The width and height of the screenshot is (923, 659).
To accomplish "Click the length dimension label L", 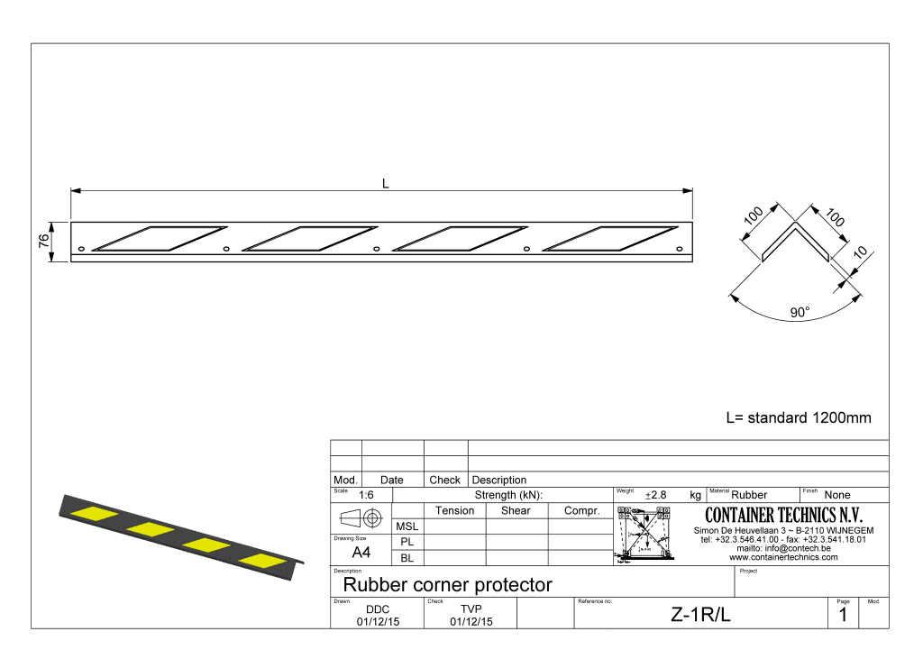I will pyautogui.click(x=385, y=183).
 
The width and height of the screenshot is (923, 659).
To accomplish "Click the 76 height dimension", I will pyautogui.click(x=43, y=242).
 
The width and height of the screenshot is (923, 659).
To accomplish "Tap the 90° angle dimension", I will pyautogui.click(x=800, y=312).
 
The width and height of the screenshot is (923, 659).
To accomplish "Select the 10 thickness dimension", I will pyautogui.click(x=860, y=253).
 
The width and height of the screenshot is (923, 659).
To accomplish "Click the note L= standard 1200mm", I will pyautogui.click(x=799, y=418).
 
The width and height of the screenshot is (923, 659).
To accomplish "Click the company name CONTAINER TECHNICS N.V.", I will pyautogui.click(x=783, y=516).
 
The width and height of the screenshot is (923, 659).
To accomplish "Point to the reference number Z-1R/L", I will pyautogui.click(x=700, y=615).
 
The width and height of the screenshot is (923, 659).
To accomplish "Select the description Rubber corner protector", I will pyautogui.click(x=447, y=584).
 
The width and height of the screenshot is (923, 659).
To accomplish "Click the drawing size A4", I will pyautogui.click(x=361, y=552).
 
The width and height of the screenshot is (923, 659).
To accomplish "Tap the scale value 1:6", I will pyautogui.click(x=367, y=495).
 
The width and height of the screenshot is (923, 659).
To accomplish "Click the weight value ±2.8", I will pyautogui.click(x=655, y=495).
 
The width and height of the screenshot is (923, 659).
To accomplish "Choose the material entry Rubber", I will pyautogui.click(x=749, y=495).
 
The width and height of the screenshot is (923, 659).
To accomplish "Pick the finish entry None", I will pyautogui.click(x=837, y=495).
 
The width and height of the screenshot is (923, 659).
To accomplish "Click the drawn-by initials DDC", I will pyautogui.click(x=378, y=609).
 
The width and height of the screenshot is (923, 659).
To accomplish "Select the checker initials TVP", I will pyautogui.click(x=471, y=609).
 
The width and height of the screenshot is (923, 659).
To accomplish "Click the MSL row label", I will pyautogui.click(x=407, y=526).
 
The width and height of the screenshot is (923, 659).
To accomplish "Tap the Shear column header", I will pyautogui.click(x=516, y=510).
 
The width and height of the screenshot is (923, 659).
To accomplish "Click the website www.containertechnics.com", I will pyautogui.click(x=783, y=557).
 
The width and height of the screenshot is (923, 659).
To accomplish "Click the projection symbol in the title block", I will pyautogui.click(x=361, y=518).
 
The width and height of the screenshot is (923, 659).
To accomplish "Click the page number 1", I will pyautogui.click(x=843, y=615).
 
